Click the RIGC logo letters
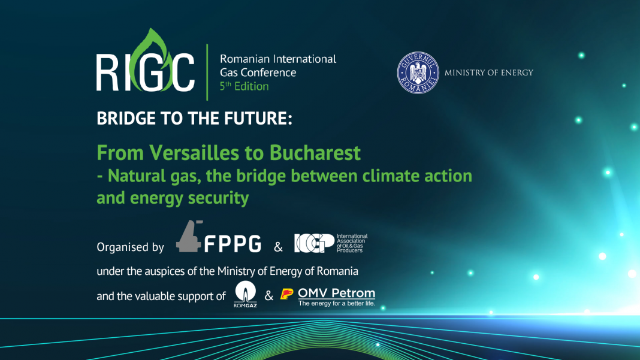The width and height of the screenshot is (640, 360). [145, 71]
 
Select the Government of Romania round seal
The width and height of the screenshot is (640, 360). [418, 73]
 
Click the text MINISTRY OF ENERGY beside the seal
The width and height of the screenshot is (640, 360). [488, 73]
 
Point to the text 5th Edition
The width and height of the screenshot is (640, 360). [244, 86]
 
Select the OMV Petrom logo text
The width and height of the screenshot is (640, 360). [336, 293]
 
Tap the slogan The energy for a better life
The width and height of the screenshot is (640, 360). [336, 304]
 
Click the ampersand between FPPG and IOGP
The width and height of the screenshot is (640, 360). [278, 247]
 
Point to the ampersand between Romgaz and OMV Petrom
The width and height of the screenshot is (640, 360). [269, 295]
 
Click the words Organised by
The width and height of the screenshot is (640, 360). [130, 247]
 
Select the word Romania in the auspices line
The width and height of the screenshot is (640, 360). [337, 271]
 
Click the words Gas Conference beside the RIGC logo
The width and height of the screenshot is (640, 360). [258, 72]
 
